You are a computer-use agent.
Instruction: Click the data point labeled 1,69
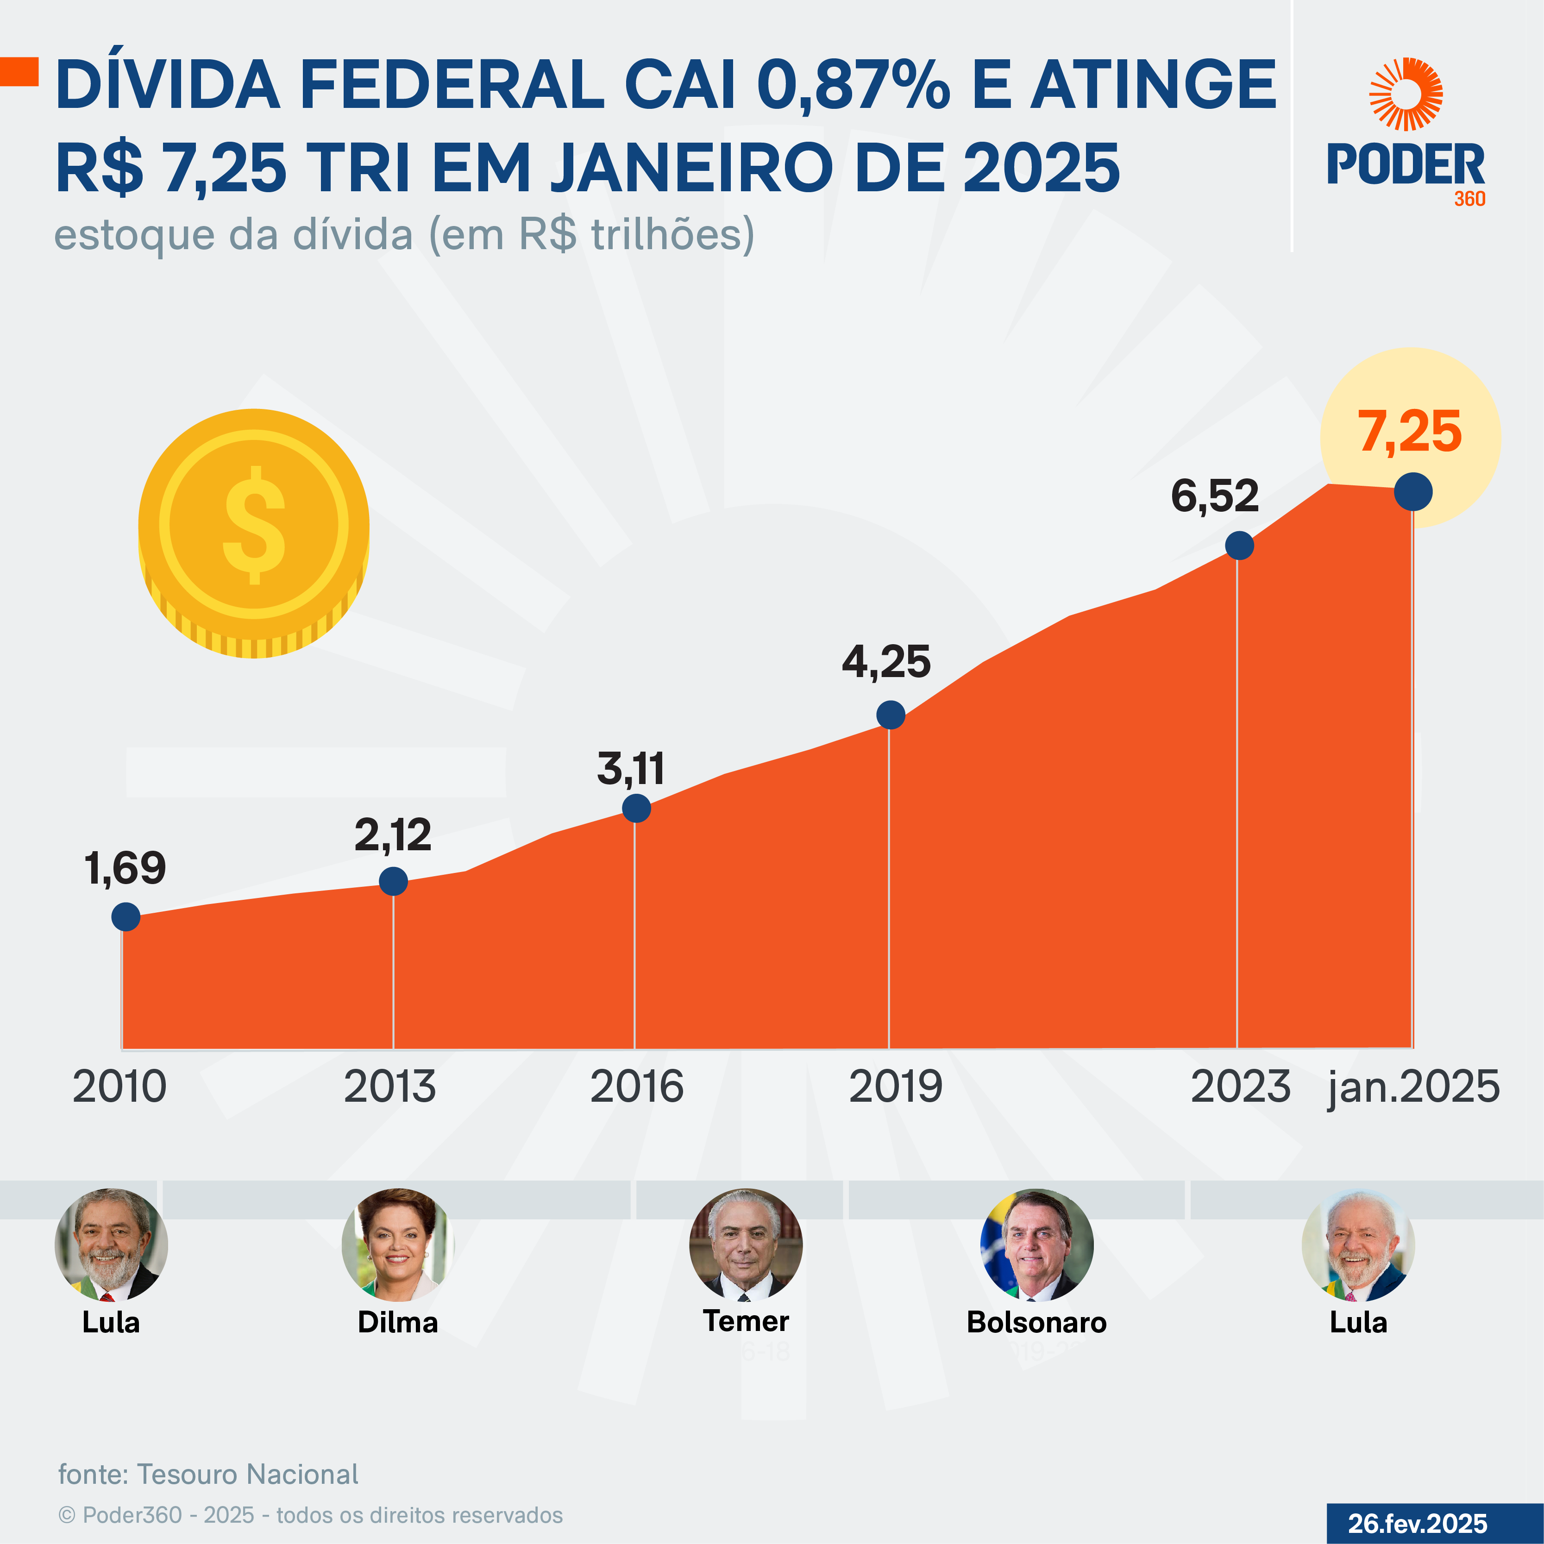(126, 916)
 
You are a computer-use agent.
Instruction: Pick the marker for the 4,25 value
(890, 715)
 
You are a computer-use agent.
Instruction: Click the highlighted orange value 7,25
(1410, 433)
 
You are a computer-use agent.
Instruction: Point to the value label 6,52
(1214, 496)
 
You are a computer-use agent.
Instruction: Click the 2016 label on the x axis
(636, 1087)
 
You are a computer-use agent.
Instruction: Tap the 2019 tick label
(895, 1087)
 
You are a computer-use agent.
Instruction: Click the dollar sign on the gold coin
(254, 525)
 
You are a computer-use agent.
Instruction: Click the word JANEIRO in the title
(693, 168)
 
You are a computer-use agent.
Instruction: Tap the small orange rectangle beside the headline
(19, 71)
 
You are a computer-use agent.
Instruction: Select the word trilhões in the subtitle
(672, 235)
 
